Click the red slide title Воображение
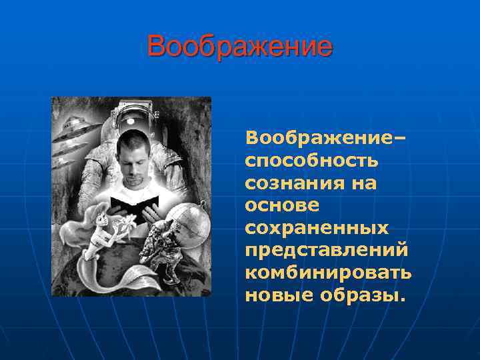click(239, 47)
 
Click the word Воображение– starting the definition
click(325, 138)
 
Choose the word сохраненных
click(317, 227)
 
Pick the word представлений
click(327, 250)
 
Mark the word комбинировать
click(328, 273)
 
